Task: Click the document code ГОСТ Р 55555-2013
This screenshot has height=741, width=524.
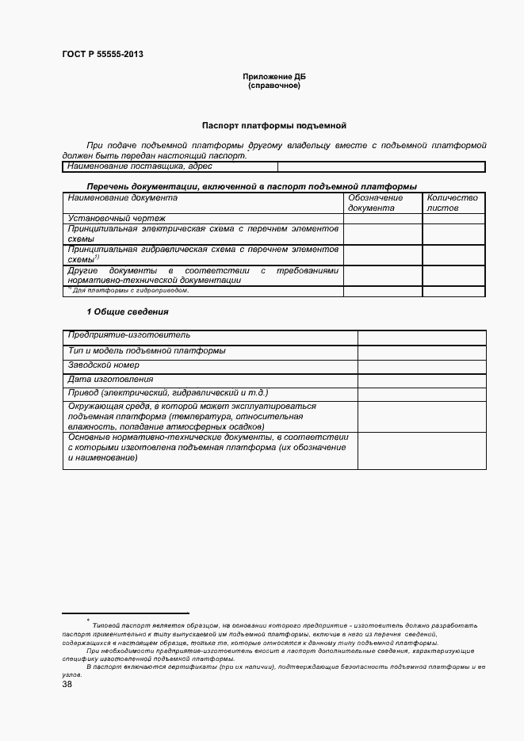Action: click(x=102, y=55)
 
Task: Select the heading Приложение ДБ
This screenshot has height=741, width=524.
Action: click(x=273, y=77)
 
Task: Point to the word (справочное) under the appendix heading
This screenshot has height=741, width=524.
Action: click(x=273, y=85)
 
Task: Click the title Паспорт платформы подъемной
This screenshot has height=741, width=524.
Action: click(x=273, y=125)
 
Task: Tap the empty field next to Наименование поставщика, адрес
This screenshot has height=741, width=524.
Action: click(x=381, y=166)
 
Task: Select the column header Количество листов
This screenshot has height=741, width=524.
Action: click(x=453, y=203)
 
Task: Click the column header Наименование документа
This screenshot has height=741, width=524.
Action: click(x=123, y=198)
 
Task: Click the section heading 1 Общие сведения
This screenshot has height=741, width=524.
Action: click(x=127, y=311)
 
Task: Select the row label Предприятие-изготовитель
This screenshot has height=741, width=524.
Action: click(x=129, y=335)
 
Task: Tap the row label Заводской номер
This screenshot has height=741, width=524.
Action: click(x=104, y=365)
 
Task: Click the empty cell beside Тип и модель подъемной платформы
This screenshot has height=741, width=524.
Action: click(x=421, y=350)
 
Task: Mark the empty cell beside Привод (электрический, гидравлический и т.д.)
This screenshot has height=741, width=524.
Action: click(x=421, y=393)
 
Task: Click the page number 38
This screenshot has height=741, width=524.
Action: click(x=67, y=684)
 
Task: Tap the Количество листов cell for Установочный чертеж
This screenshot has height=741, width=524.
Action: click(x=453, y=218)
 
